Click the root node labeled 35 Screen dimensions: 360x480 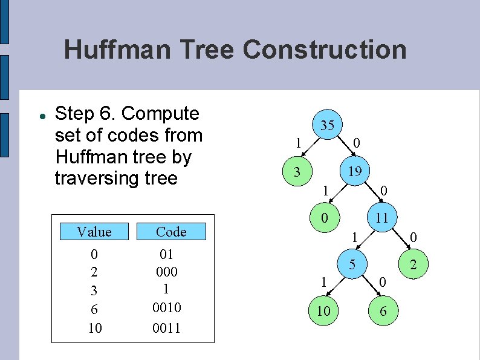[x=327, y=125]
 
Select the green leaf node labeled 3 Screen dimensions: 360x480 [x=297, y=172]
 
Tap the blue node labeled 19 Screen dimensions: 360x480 [x=355, y=171]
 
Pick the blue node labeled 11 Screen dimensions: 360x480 [x=381, y=218]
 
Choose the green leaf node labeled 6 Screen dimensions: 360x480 [x=383, y=311]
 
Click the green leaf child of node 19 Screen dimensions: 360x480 [x=325, y=218]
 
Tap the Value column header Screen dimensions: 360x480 [x=94, y=232]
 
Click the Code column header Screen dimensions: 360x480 [x=171, y=232]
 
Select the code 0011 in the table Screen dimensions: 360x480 [x=167, y=329]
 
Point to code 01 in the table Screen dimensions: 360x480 [x=167, y=254]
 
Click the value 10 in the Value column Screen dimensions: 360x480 [x=95, y=329]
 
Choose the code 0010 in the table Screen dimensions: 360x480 [x=167, y=308]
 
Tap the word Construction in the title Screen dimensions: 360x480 [x=325, y=49]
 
